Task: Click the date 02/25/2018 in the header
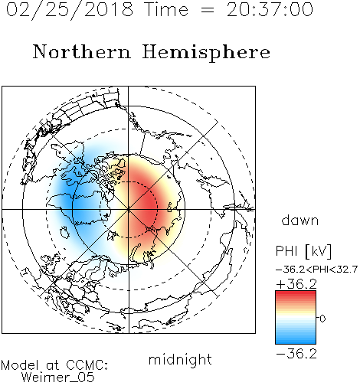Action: (70, 10)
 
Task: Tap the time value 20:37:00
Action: (270, 9)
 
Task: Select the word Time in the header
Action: (166, 9)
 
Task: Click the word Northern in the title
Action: (81, 51)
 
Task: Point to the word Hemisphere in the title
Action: (206, 53)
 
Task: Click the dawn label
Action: (300, 220)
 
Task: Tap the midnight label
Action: (180, 359)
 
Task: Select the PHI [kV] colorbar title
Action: (303, 251)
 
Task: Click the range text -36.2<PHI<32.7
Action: (316, 270)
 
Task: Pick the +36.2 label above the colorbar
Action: (296, 284)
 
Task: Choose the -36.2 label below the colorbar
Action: (296, 354)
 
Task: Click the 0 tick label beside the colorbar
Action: (322, 319)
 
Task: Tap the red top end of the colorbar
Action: (296, 293)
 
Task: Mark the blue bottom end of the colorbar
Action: (296, 342)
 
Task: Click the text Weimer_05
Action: (58, 378)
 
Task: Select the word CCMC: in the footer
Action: (87, 365)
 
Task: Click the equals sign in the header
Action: (208, 10)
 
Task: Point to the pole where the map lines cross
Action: (129, 209)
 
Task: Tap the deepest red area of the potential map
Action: (146, 205)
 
